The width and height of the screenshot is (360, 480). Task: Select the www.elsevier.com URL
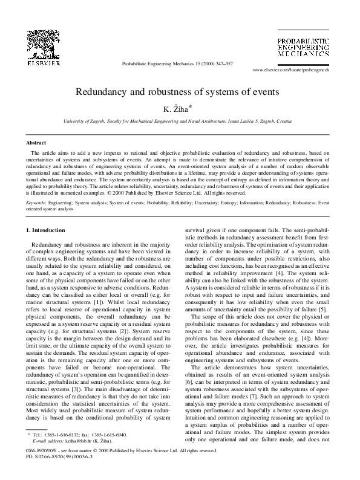point(295,70)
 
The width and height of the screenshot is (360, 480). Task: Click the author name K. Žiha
point(180,109)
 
